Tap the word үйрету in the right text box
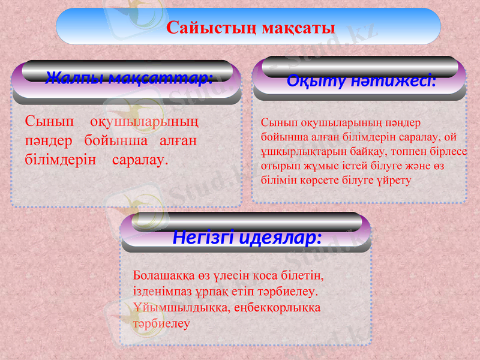pyautogui.click(x=395, y=179)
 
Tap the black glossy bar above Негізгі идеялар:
pyautogui.click(x=247, y=221)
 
